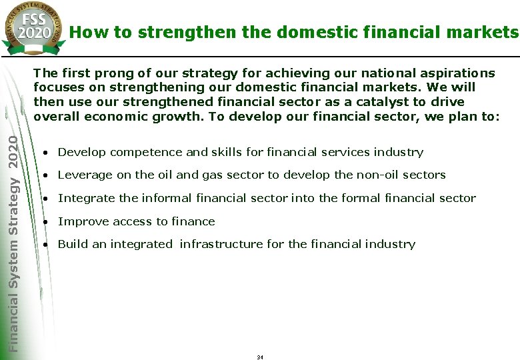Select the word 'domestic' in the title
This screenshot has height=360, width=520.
pos(285,31)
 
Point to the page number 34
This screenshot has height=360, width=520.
pos(260,357)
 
